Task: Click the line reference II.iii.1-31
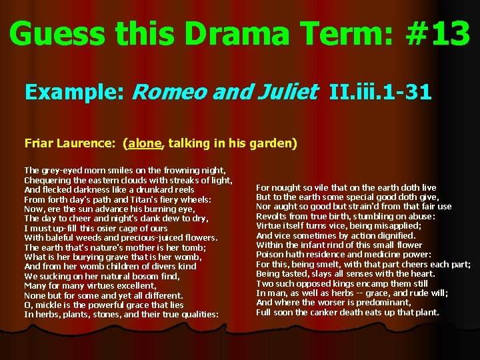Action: (x=381, y=91)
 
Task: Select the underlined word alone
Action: (x=145, y=143)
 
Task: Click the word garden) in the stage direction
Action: (x=275, y=143)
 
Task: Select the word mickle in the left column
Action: (x=47, y=305)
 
